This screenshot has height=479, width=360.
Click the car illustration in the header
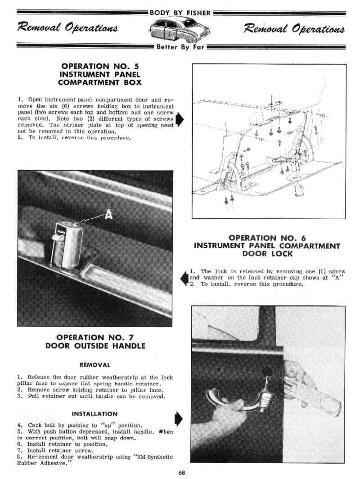click(x=180, y=30)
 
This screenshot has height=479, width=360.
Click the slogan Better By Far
click(x=180, y=47)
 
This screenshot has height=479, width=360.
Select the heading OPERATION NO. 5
click(x=99, y=66)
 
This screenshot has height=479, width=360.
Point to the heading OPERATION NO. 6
click(x=267, y=238)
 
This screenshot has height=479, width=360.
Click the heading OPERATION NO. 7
click(x=95, y=337)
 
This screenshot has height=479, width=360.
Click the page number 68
click(x=181, y=472)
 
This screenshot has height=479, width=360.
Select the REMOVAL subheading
click(x=95, y=364)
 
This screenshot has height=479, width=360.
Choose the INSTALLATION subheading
click(x=95, y=414)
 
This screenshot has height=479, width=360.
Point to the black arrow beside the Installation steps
click(x=178, y=418)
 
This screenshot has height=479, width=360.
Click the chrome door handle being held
click(x=234, y=403)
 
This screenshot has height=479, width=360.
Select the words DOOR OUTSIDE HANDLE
click(x=95, y=346)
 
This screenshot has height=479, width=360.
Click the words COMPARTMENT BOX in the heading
click(x=99, y=82)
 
